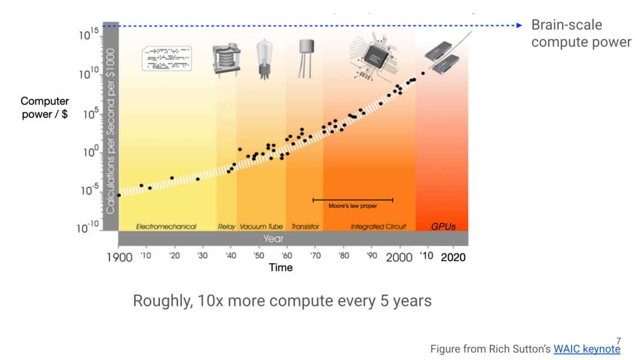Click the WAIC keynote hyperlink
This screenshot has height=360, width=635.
(x=587, y=349)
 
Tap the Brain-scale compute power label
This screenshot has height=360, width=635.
(x=580, y=34)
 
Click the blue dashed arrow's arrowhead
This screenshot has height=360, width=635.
(x=519, y=25)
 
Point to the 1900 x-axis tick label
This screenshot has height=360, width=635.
(x=119, y=258)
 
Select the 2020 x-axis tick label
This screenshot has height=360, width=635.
(x=453, y=257)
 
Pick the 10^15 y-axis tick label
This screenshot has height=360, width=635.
(x=88, y=35)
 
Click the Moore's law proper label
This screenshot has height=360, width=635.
(x=353, y=206)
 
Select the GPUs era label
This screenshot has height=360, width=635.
(x=443, y=226)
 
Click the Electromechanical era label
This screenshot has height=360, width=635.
(x=166, y=226)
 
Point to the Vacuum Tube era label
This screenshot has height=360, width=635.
(x=261, y=226)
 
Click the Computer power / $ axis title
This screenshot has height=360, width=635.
(x=45, y=108)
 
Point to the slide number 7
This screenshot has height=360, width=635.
(x=618, y=341)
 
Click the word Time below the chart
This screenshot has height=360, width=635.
(x=280, y=268)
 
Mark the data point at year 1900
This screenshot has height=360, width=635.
(x=119, y=195)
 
